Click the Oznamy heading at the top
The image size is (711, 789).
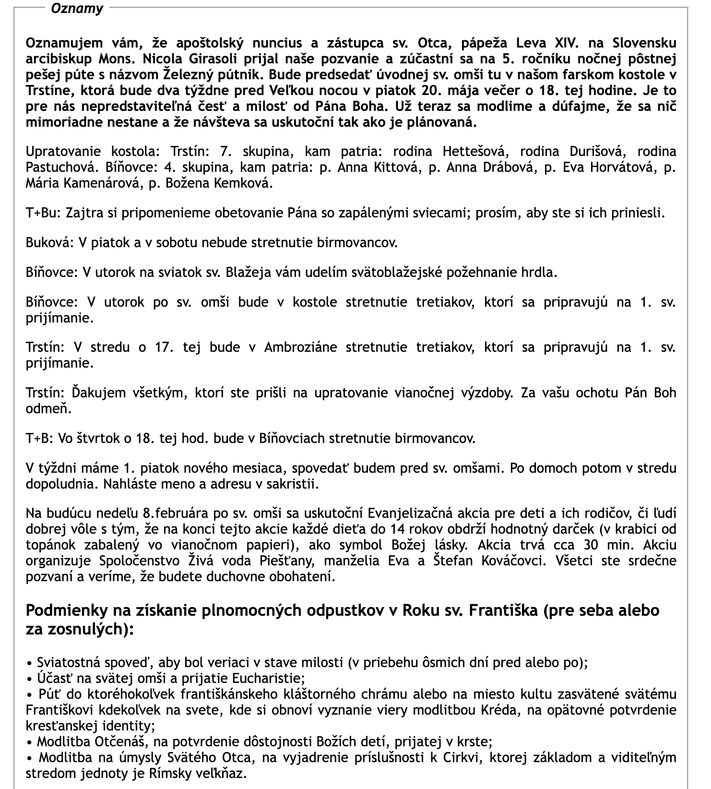click(77, 9)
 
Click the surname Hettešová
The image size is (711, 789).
click(474, 151)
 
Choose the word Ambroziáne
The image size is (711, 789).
click(300, 347)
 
